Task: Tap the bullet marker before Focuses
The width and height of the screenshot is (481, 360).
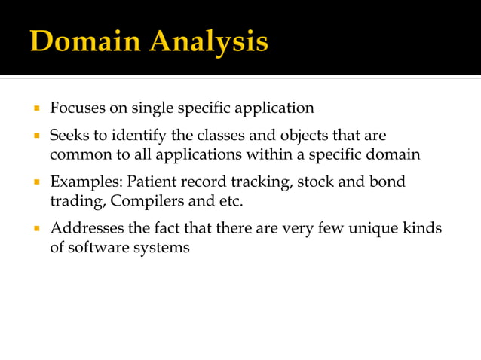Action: pyautogui.click(x=35, y=108)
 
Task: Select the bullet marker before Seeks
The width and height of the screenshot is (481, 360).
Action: pyautogui.click(x=35, y=136)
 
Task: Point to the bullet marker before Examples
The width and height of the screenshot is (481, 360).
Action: pyautogui.click(x=35, y=183)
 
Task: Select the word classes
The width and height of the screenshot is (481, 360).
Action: pyautogui.click(x=217, y=136)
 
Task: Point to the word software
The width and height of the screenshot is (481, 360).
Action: pyautogui.click(x=96, y=247)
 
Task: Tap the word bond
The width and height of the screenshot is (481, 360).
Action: pyautogui.click(x=389, y=183)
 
